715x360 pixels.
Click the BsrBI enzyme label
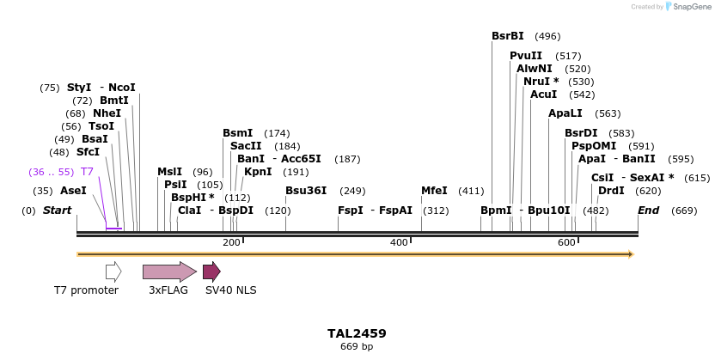pos(507,36)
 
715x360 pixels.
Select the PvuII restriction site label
pos(526,56)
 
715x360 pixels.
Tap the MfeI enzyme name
pos(434,191)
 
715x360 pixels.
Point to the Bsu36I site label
pos(306,191)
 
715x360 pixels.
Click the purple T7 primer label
pos(87,172)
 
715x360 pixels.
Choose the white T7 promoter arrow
pos(113,272)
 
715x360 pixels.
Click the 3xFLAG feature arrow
pos(169,272)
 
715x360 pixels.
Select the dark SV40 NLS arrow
pos(211,272)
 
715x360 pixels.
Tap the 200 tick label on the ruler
pos(231,243)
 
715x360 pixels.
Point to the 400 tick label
pos(399,243)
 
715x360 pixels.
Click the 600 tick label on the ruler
pos(566,243)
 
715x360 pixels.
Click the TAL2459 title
pos(357,333)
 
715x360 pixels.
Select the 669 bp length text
pos(357,347)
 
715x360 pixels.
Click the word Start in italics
pos(57,211)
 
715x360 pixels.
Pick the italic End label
pos(649,211)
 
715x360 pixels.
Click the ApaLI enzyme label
pos(565,113)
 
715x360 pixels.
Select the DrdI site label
pos(611,191)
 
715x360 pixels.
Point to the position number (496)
pos(547,36)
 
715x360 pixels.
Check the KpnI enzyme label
pos(258,172)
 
